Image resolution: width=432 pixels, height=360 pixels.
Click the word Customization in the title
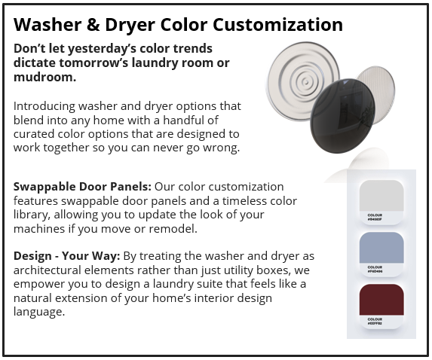278,24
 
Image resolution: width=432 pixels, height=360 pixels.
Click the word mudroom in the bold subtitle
41,77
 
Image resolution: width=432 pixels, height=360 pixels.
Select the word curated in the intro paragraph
36,134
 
